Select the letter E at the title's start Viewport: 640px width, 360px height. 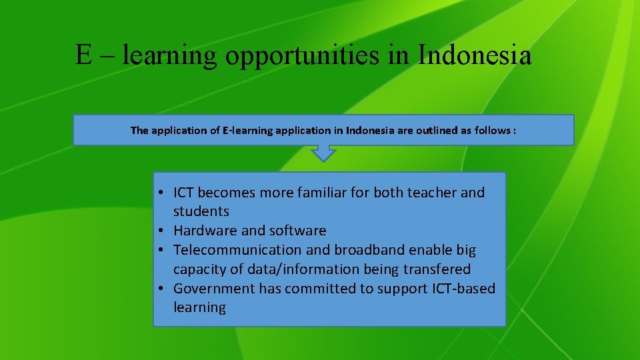(x=83, y=55)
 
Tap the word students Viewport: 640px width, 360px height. (x=201, y=211)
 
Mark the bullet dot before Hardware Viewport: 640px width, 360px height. (x=162, y=231)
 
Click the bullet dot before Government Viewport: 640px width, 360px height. (x=162, y=289)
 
